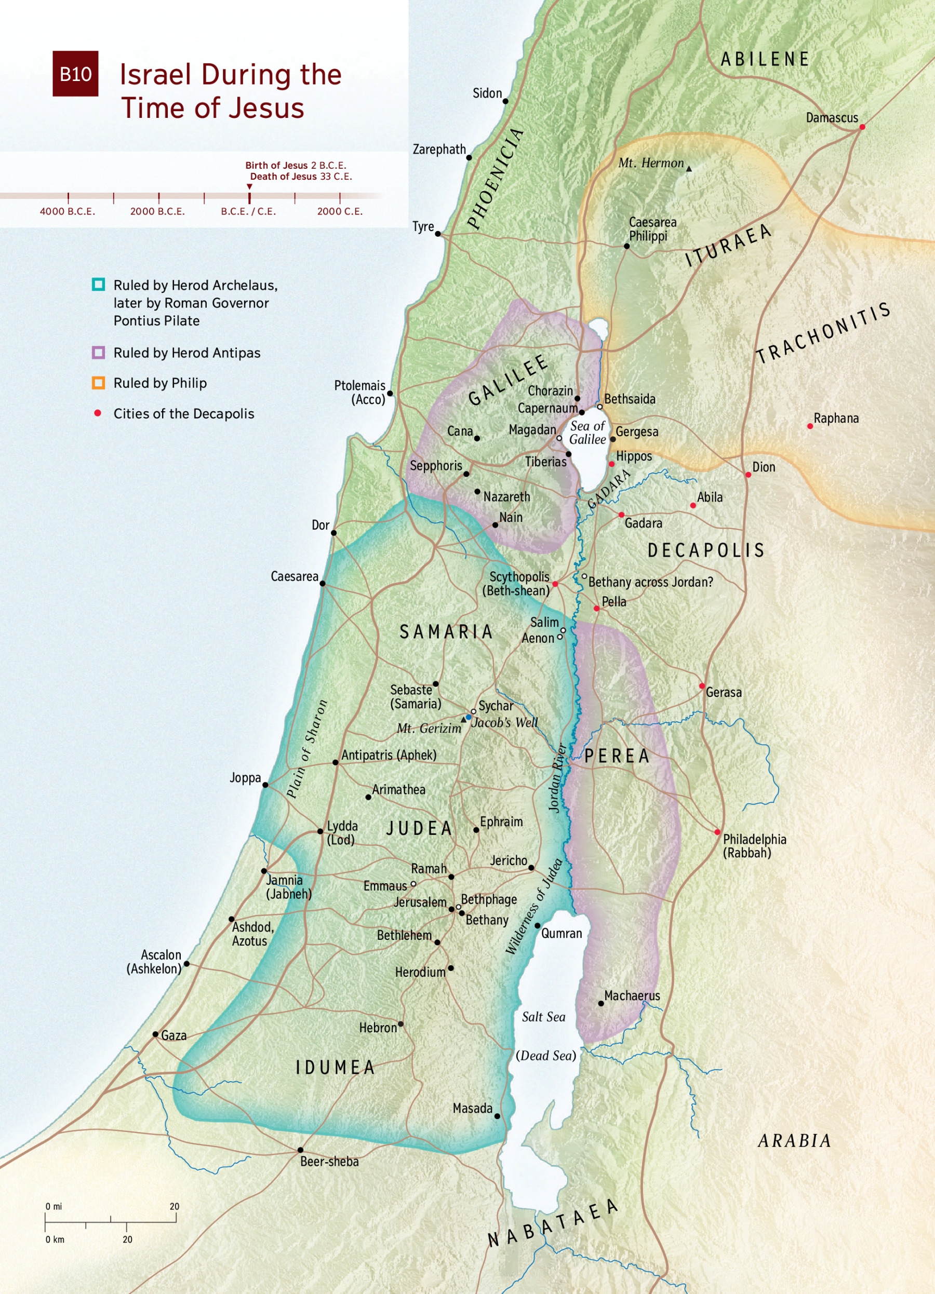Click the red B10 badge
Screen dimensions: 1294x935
click(x=75, y=74)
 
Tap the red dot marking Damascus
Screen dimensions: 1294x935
click(x=862, y=127)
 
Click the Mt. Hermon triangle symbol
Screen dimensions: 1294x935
click(x=689, y=169)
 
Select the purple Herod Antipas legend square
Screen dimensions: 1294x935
click(x=98, y=353)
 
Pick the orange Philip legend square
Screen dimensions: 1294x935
click(x=98, y=383)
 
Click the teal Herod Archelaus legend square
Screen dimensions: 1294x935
click(x=98, y=285)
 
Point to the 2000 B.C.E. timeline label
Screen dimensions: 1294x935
click(x=157, y=212)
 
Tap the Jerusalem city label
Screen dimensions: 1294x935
click(x=420, y=902)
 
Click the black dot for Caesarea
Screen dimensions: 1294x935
click(x=323, y=584)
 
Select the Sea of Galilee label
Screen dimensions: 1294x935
click(x=587, y=433)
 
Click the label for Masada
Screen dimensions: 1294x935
click(x=472, y=1108)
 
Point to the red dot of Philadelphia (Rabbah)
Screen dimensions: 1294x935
click(x=717, y=832)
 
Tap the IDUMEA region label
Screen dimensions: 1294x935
click(x=335, y=1068)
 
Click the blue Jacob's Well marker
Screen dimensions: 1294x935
click(x=469, y=717)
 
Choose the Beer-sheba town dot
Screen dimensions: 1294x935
click(x=300, y=1150)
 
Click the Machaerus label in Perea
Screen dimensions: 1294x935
click(x=632, y=995)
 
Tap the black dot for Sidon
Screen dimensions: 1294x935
click(x=505, y=102)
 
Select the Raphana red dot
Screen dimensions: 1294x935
click(x=810, y=426)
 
